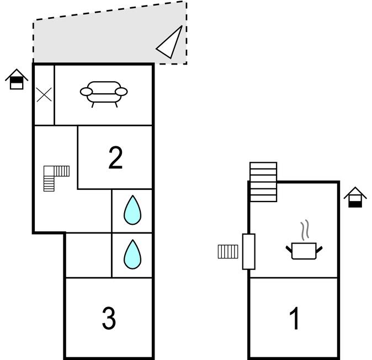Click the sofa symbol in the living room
104,92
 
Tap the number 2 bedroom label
115,158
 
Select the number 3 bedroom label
109,318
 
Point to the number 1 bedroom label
295,319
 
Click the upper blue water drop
132,210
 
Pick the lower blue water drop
132,254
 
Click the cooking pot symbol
304,251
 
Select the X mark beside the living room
44,94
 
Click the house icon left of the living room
17,80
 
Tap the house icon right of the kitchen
355,197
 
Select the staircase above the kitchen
263,182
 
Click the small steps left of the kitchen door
228,252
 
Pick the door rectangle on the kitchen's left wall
249,251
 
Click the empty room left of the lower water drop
88,255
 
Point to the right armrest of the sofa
122,91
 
